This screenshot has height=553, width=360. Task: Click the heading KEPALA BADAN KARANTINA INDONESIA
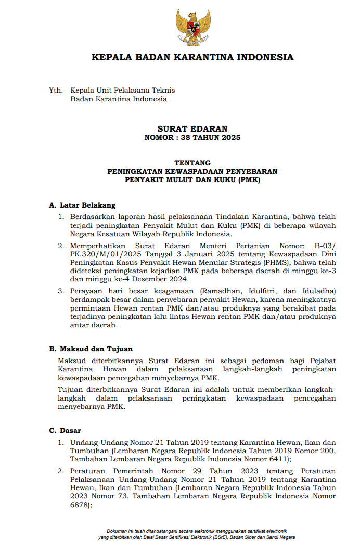192,57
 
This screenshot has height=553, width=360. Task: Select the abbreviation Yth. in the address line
56,91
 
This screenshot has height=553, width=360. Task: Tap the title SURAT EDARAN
192,129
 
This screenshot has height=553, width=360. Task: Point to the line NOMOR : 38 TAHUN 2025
192,138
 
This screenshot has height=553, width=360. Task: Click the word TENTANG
192,162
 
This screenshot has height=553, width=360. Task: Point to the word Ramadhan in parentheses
223,290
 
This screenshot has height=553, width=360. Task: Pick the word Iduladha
313,290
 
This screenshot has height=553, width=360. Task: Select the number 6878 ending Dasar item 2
80,505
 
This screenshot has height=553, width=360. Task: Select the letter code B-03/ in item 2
325,246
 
